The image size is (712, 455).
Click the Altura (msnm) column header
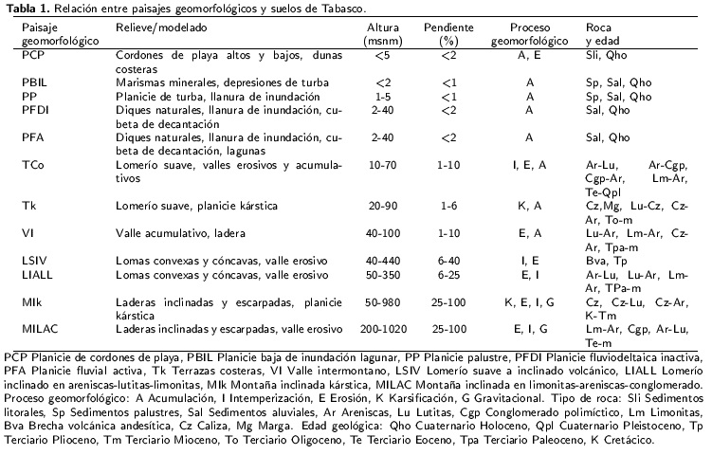point(382,35)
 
